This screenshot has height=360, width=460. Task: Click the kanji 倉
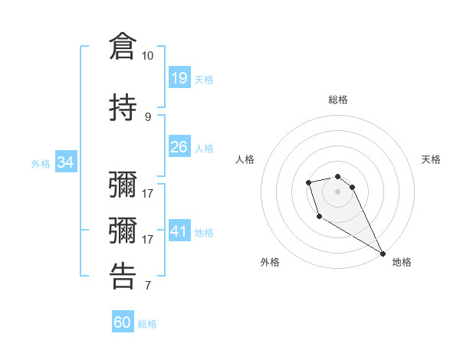pos(123,45)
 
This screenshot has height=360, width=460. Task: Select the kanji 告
pos(123,275)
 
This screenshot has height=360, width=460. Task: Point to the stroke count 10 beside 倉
pos(147,56)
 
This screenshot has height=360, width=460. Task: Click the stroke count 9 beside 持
pos(147,116)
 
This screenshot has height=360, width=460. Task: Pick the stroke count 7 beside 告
pos(147,286)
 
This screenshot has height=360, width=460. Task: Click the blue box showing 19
pos(179,78)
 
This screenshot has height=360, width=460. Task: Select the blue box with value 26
pos(179,147)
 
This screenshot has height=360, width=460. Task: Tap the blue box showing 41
pos(179,231)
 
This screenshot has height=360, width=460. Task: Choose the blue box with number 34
pos(65,162)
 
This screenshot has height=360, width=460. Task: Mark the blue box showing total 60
pos(123,323)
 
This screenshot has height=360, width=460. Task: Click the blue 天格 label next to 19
pos(203,79)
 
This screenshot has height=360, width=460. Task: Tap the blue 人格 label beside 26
pos(203,148)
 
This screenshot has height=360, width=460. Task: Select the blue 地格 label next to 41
pos(203,232)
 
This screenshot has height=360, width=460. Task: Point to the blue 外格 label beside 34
pos(41,163)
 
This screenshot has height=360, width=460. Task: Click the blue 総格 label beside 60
pos(147,324)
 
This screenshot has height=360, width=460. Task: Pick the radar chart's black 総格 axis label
pos(337,100)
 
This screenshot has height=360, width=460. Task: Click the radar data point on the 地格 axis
pos(383,254)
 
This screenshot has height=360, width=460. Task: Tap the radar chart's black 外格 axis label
pos(270,262)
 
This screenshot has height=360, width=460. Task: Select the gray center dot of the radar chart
pos(337,191)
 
